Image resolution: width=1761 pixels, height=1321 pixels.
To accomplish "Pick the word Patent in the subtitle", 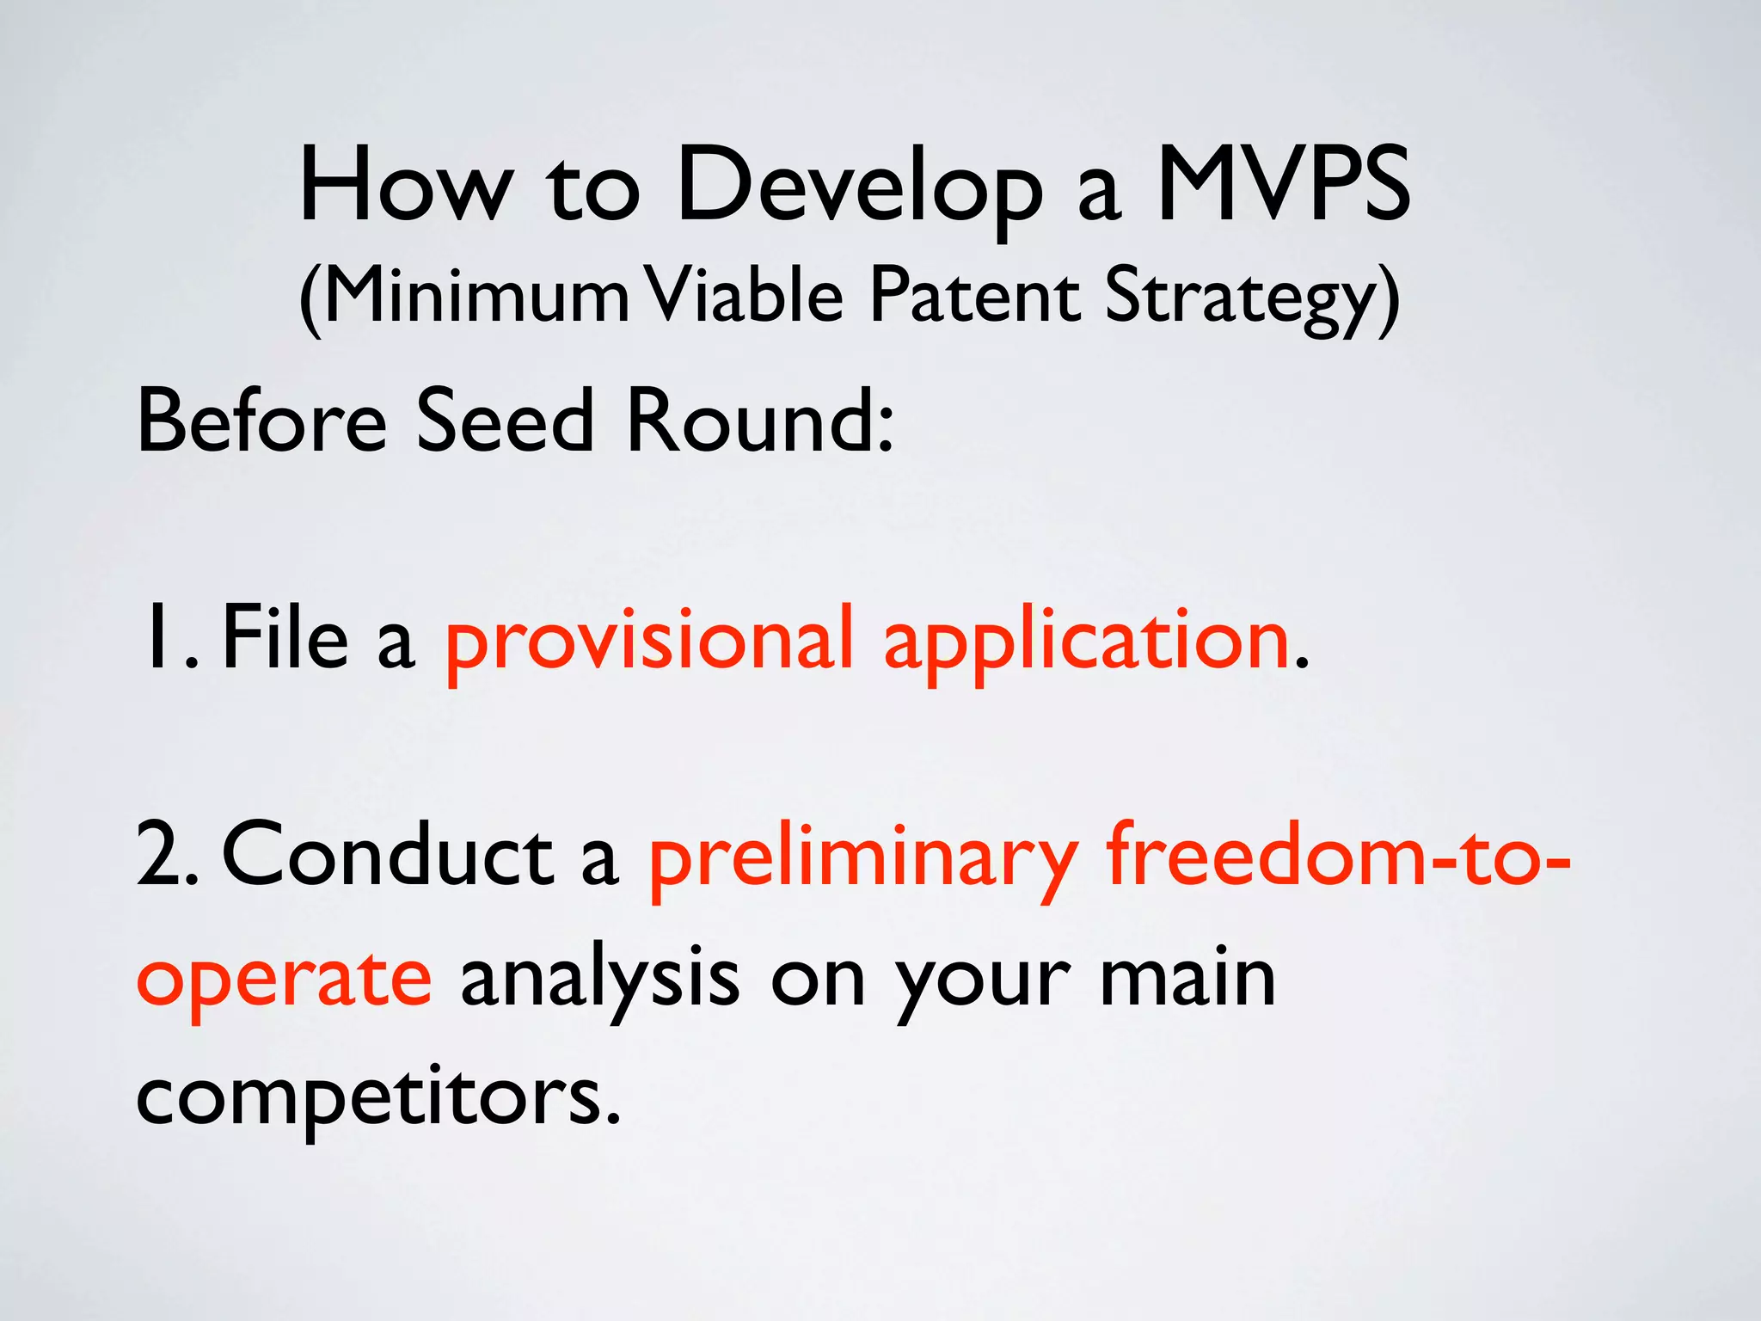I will pyautogui.click(x=974, y=295).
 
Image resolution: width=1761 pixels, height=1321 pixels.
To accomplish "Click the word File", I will pyautogui.click(x=285, y=636).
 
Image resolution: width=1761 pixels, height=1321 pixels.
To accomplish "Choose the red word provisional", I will pyautogui.click(x=650, y=641).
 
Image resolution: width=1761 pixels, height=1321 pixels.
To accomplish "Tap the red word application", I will pyautogui.click(x=1087, y=641).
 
